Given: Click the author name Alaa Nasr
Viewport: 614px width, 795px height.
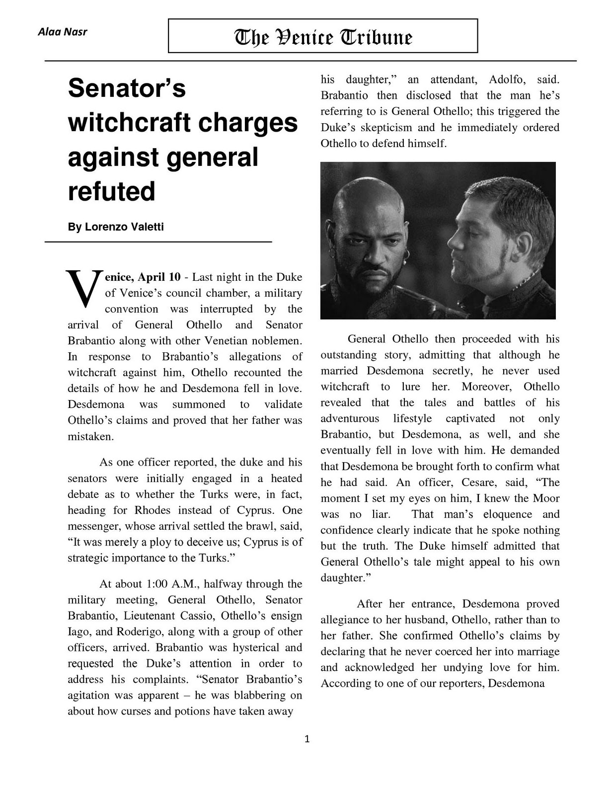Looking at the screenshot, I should pyautogui.click(x=63, y=32).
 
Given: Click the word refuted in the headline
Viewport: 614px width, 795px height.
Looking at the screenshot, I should pyautogui.click(x=112, y=191).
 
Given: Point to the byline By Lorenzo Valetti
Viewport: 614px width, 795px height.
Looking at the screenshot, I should pyautogui.click(x=116, y=227).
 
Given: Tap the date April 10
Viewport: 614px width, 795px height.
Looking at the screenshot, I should pyautogui.click(x=159, y=277).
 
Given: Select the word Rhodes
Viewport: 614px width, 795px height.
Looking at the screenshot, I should pyautogui.click(x=152, y=510).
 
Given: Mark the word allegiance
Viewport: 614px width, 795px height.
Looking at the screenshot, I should pyautogui.click(x=345, y=620).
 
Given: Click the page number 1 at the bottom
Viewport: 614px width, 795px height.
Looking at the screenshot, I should pyautogui.click(x=307, y=739).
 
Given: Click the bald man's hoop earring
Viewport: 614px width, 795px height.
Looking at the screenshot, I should pyautogui.click(x=406, y=255).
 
